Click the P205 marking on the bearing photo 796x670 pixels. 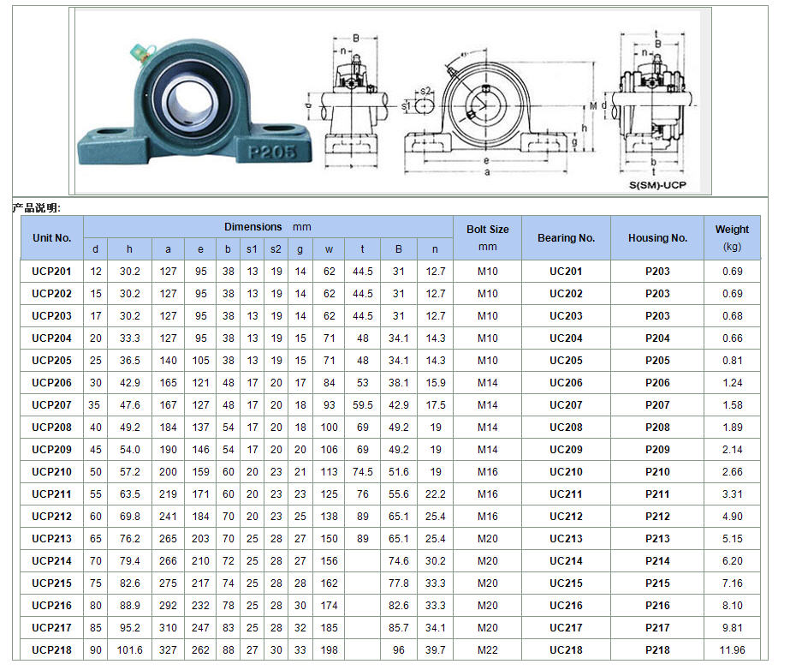pyautogui.click(x=272, y=152)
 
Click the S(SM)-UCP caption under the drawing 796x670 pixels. pyautogui.click(x=656, y=184)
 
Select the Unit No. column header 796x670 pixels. pyautogui.click(x=52, y=237)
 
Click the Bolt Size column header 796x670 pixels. pyautogui.click(x=487, y=237)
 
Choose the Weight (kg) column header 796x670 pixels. pyautogui.click(x=732, y=237)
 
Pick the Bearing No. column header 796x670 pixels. pyautogui.click(x=566, y=237)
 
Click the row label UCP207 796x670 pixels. pyautogui.click(x=52, y=405)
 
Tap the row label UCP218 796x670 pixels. pyautogui.click(x=52, y=650)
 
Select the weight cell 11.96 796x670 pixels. pyautogui.click(x=732, y=650)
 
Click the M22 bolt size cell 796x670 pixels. pyautogui.click(x=487, y=650)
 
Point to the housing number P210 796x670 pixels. pyautogui.click(x=657, y=472)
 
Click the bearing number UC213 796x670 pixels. pyautogui.click(x=566, y=539)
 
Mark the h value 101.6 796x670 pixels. pyautogui.click(x=129, y=650)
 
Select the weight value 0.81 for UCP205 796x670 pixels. pyautogui.click(x=732, y=361)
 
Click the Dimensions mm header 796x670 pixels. pyautogui.click(x=268, y=227)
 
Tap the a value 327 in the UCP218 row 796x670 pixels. pyautogui.click(x=168, y=650)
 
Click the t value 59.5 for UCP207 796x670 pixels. pyautogui.click(x=363, y=405)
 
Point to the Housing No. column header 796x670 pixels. pyautogui.click(x=657, y=237)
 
